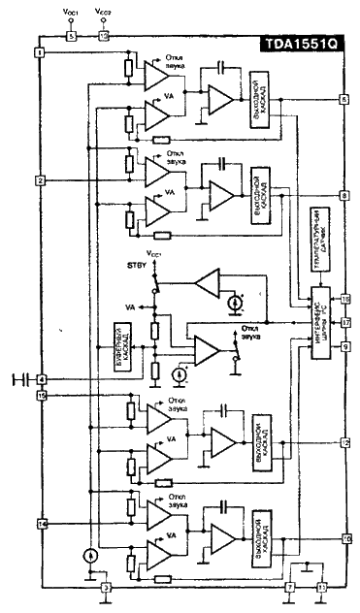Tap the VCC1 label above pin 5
[x=70, y=12]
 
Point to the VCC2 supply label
[x=104, y=12]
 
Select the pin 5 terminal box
[x=70, y=36]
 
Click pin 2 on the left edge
[x=40, y=180]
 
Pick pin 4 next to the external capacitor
[x=40, y=378]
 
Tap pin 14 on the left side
[x=40, y=524]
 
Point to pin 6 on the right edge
[x=344, y=100]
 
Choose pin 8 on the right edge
[x=344, y=195]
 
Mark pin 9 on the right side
[x=344, y=345]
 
